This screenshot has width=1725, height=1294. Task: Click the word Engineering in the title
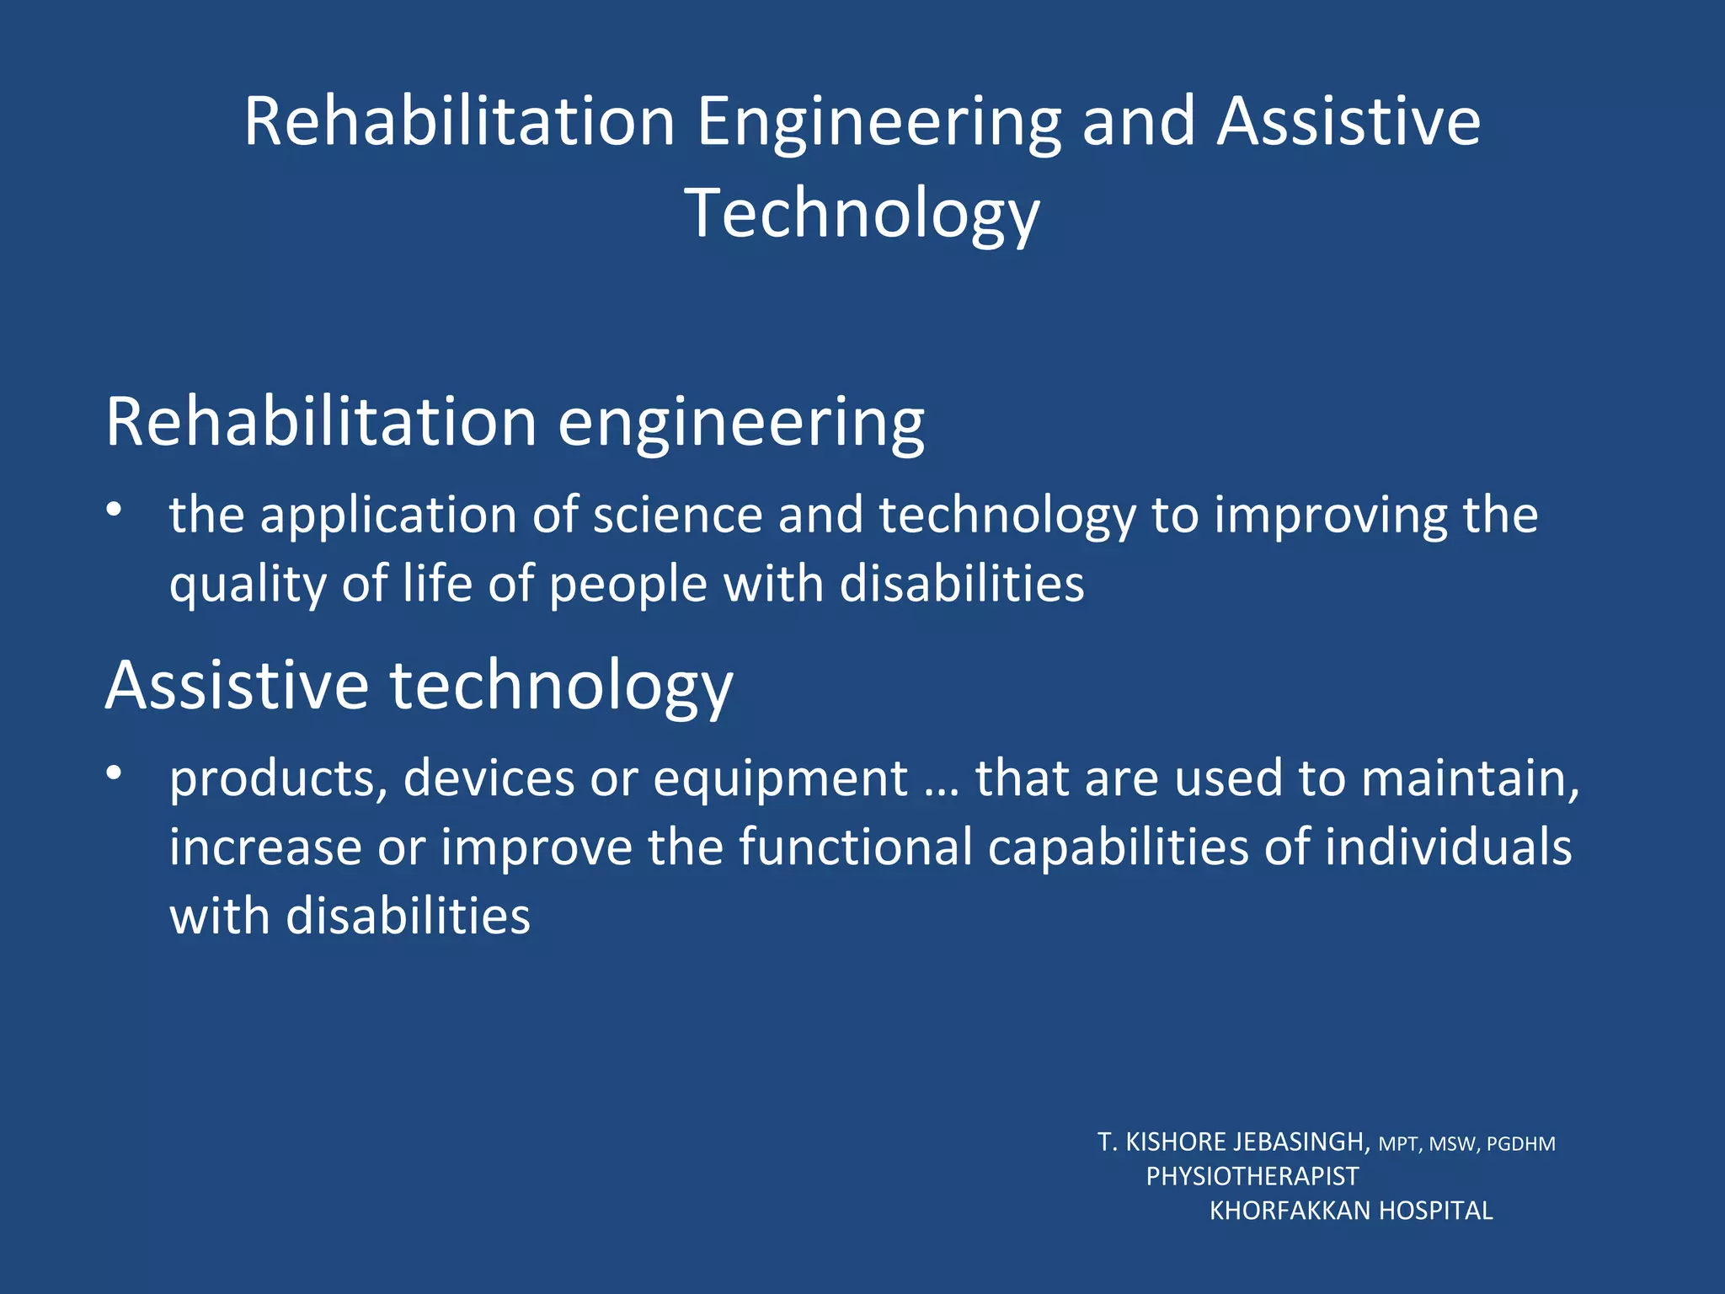(x=879, y=123)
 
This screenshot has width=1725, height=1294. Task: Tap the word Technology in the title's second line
(x=862, y=214)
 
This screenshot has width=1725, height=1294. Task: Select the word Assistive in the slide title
(x=1348, y=121)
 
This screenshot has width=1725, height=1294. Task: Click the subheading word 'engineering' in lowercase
(x=741, y=424)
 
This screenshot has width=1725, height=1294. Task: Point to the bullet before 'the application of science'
(x=115, y=509)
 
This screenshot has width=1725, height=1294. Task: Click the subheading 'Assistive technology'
(x=419, y=686)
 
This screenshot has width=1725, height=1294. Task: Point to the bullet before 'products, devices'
(x=115, y=772)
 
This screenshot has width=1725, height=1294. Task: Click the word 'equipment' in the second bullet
(x=780, y=779)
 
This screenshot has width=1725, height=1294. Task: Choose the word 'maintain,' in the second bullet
(x=1470, y=778)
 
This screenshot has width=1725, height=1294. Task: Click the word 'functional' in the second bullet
(x=855, y=847)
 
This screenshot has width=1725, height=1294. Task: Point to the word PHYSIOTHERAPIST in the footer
(x=1252, y=1176)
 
